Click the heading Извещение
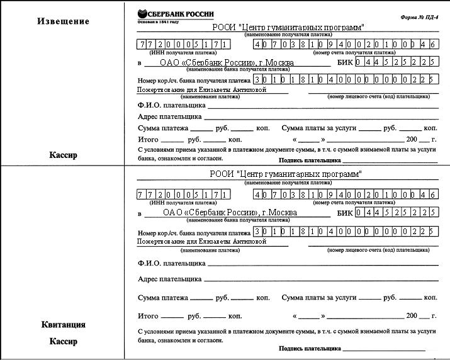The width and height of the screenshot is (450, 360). click(63, 21)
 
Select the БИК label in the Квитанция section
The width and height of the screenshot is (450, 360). click(345, 213)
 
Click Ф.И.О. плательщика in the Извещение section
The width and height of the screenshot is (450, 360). click(172, 105)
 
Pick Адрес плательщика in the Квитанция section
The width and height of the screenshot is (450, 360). click(169, 278)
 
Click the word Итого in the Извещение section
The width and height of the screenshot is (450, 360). click(148, 138)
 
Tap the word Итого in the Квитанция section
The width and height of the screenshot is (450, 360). click(148, 315)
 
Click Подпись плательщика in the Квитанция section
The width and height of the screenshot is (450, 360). click(309, 348)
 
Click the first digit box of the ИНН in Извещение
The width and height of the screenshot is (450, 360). click(141, 45)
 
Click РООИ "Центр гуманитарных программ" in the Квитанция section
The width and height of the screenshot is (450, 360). click(286, 174)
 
